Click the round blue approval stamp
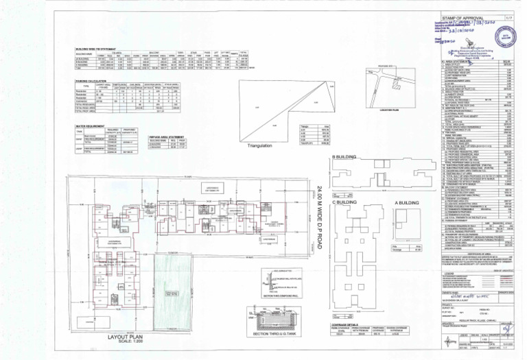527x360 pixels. (x=506, y=36)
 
